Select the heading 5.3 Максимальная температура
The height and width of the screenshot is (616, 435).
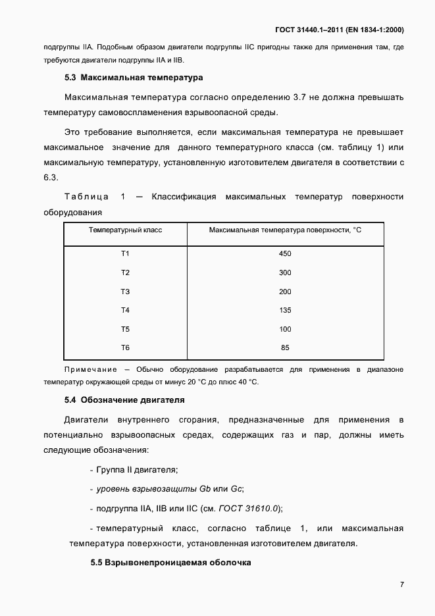[134, 77]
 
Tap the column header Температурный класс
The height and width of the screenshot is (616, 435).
[125, 230]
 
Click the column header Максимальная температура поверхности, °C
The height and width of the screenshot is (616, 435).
[285, 230]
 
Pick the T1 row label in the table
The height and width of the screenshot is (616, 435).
[125, 253]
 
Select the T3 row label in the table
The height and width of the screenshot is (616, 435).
[125, 291]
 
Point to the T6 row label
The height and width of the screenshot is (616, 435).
[125, 347]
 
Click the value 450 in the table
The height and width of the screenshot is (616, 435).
[285, 253]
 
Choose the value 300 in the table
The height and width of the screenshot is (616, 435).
[285, 272]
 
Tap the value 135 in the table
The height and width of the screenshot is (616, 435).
[285, 310]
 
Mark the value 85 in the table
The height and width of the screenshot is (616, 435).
[285, 347]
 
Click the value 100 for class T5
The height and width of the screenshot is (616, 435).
[285, 329]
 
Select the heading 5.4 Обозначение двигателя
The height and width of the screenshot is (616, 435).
[124, 399]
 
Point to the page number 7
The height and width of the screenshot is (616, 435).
[401, 584]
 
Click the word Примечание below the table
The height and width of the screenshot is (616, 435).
[90, 370]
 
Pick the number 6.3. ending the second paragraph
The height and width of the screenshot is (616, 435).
[51, 177]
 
